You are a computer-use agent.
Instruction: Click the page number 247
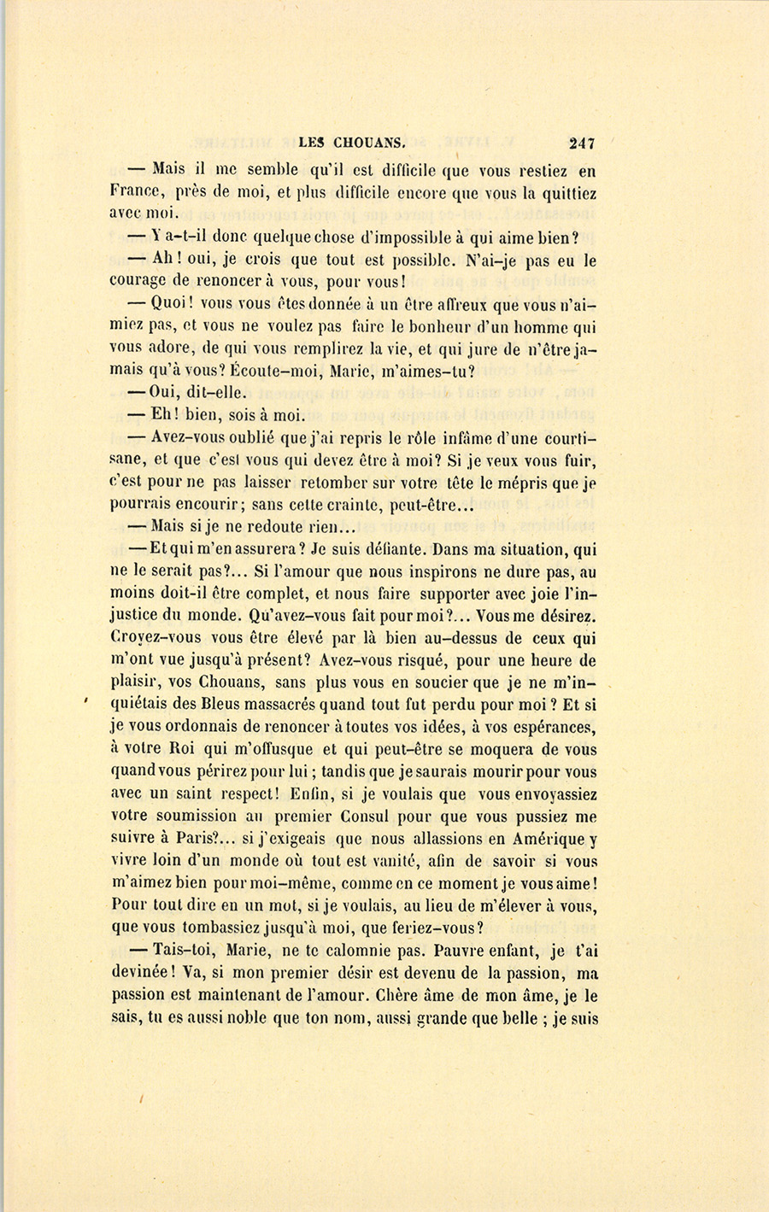click(579, 143)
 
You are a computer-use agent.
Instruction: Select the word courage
click(140, 282)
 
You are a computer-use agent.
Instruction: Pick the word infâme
click(465, 439)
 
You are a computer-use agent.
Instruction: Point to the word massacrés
click(273, 705)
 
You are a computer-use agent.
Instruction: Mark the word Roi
click(185, 749)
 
